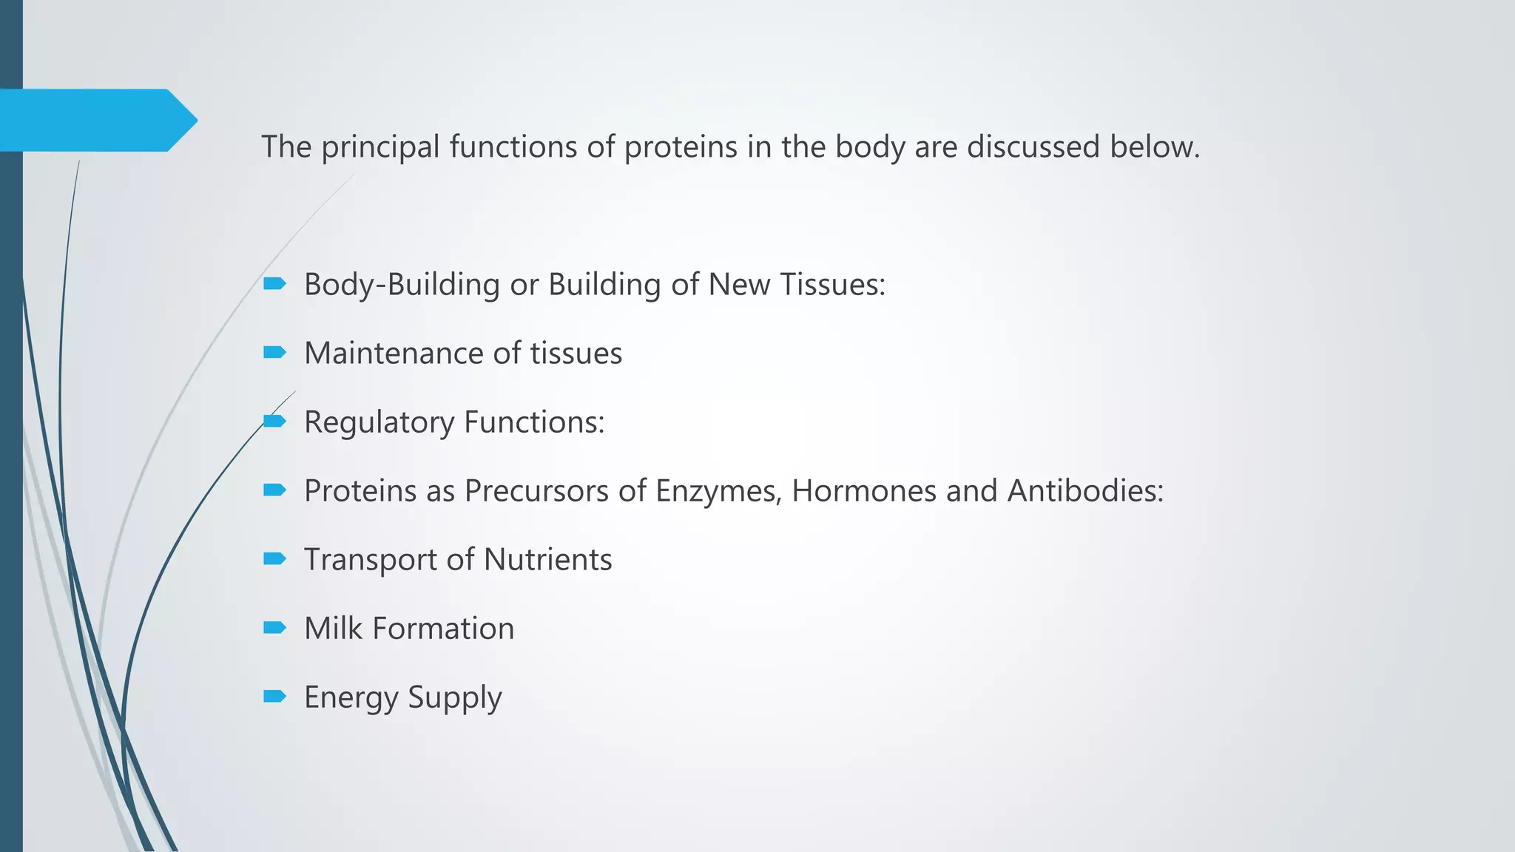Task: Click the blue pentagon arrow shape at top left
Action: pos(96,121)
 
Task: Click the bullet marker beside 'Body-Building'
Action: pos(274,283)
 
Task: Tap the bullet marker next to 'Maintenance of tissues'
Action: pos(274,353)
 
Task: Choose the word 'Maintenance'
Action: pos(394,354)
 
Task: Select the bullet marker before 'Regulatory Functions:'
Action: pos(274,421)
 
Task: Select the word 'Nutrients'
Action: pos(547,560)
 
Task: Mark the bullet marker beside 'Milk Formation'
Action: pos(274,628)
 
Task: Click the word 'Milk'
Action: pos(333,629)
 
